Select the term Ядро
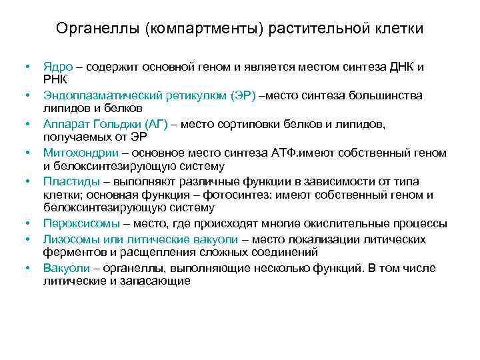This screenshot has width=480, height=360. point(57,67)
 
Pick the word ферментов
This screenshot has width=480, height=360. point(73,252)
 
